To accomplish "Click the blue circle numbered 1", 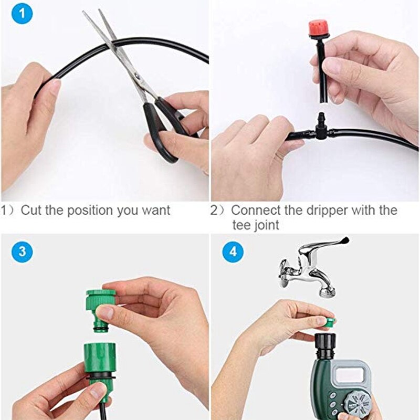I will tap(22, 15).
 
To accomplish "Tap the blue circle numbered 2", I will tap(232, 15).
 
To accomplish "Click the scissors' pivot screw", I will tap(138, 77).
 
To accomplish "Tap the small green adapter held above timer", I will tap(329, 321).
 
